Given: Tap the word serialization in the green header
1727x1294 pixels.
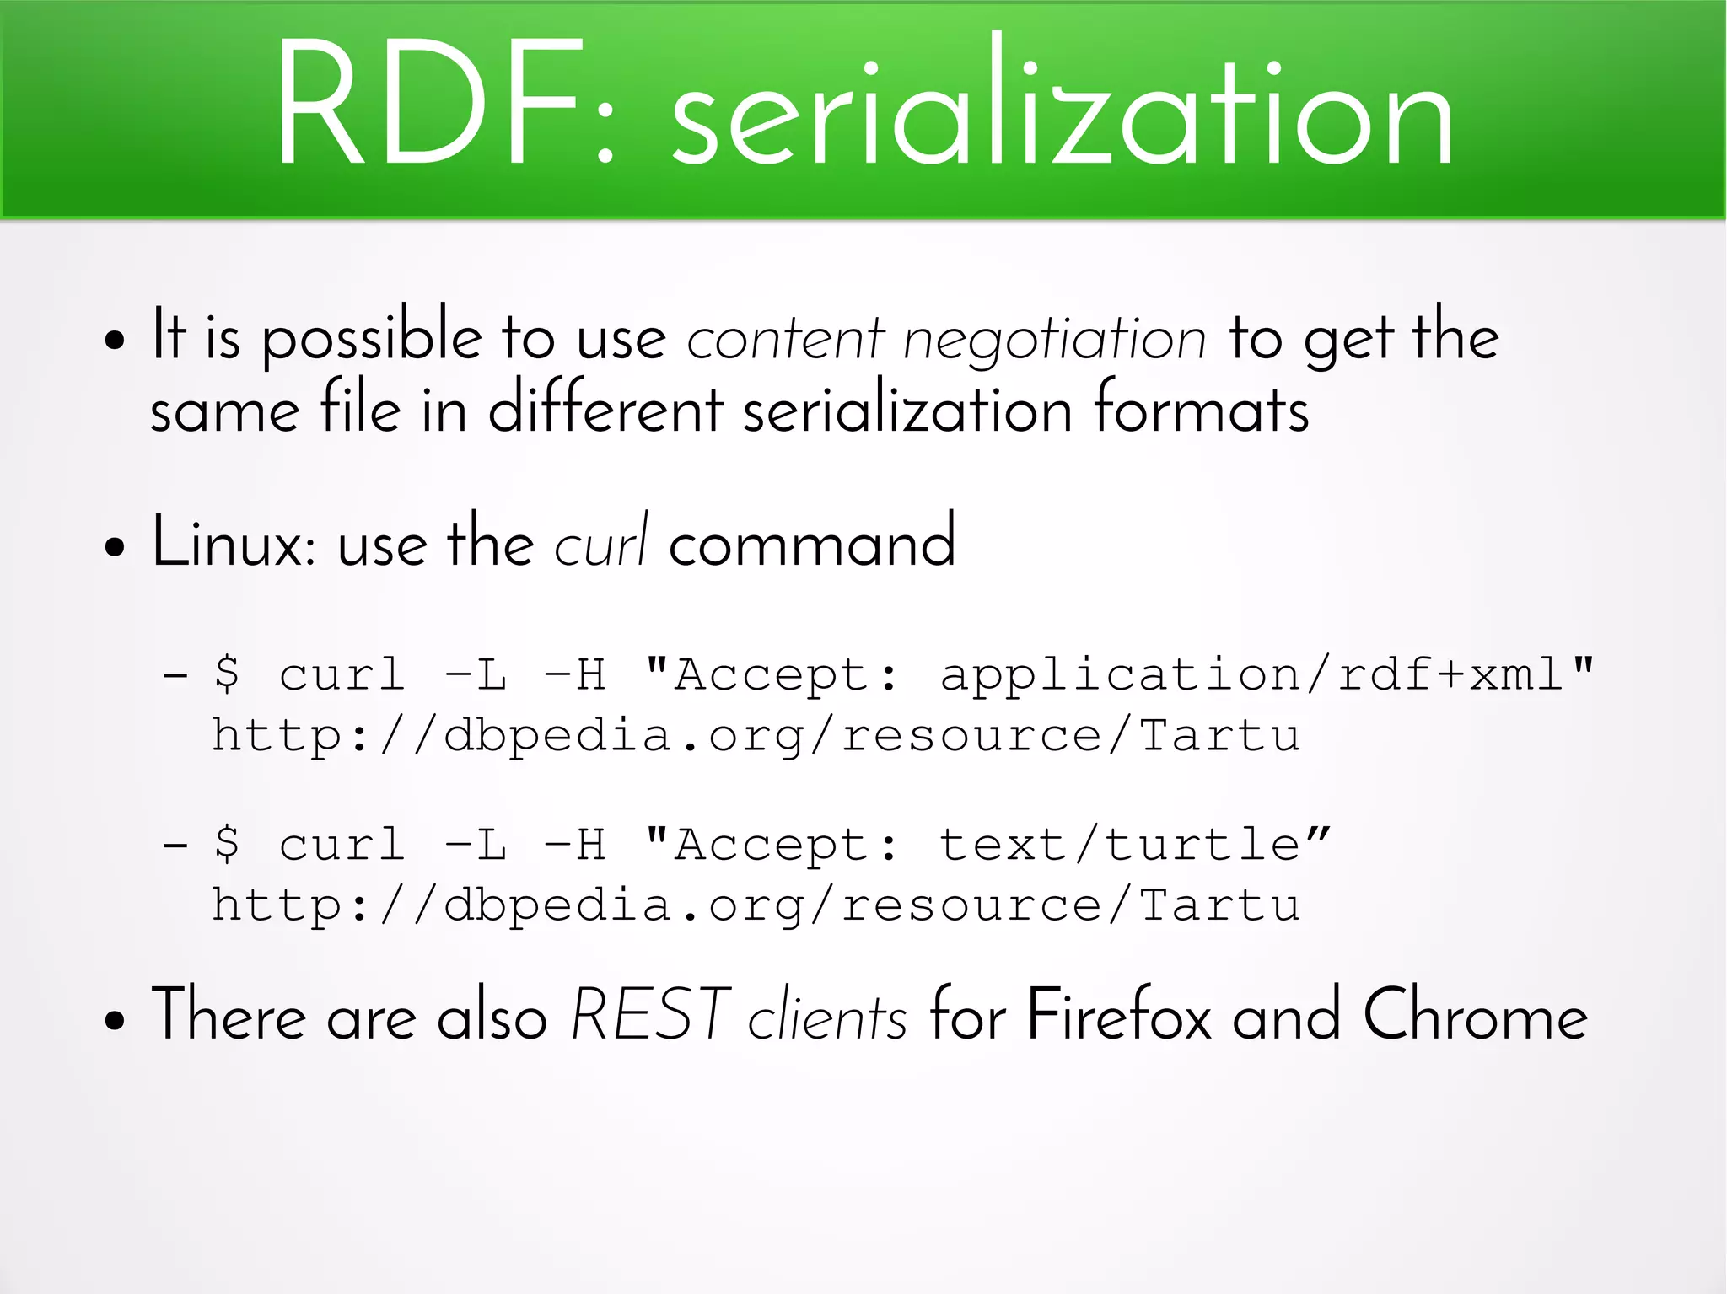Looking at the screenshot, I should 1062,105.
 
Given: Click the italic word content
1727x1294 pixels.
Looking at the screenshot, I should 784,340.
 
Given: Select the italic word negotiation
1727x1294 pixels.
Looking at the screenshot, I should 1055,340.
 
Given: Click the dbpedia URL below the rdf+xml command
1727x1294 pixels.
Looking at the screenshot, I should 756,736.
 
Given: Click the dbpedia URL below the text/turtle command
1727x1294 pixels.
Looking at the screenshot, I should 756,906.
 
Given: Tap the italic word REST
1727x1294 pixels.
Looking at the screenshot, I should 650,1015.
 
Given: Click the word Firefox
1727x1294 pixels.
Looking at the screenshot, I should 1118,1015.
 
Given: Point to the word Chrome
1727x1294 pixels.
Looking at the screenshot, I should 1475,1015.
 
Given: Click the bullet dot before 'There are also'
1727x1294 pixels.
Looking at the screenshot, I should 115,1021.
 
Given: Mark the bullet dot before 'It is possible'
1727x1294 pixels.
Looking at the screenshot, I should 115,342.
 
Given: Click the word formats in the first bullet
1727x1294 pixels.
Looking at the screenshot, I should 1202,411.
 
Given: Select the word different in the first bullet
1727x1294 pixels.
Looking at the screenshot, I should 605,411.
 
